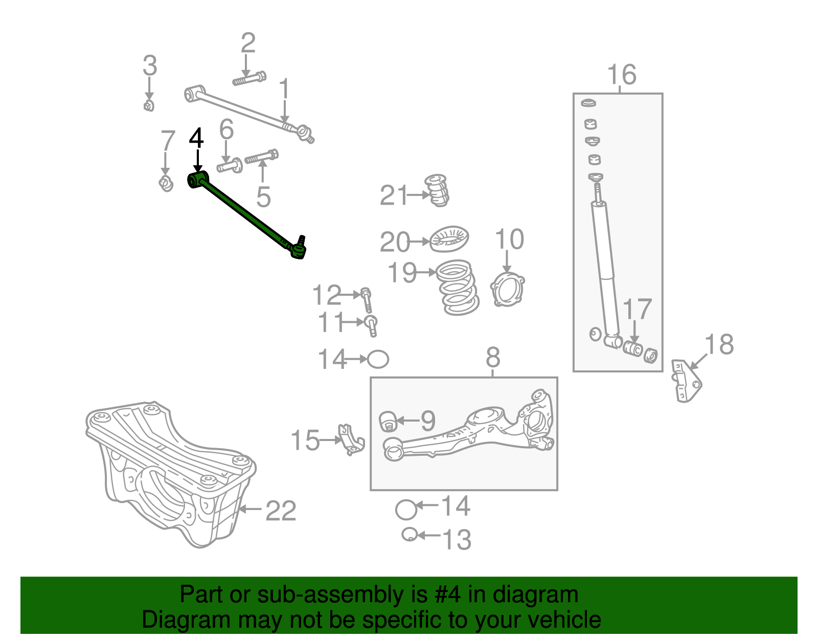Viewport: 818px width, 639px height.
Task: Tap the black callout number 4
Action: (x=196, y=139)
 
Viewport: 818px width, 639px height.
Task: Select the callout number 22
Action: (x=281, y=511)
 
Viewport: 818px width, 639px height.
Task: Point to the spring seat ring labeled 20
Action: (x=449, y=239)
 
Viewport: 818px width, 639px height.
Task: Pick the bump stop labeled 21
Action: (x=437, y=190)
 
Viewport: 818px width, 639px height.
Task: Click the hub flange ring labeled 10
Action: (x=507, y=290)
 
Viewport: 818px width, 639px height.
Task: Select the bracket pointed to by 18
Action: (x=686, y=381)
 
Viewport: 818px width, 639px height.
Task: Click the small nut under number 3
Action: (x=149, y=106)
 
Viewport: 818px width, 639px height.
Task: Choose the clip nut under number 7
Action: (x=166, y=183)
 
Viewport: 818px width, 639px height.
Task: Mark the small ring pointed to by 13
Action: (x=409, y=535)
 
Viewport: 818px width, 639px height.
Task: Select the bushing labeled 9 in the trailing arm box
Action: (x=389, y=421)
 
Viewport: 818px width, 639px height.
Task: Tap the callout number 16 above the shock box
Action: (x=621, y=75)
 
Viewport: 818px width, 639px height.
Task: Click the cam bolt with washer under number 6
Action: (x=231, y=166)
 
